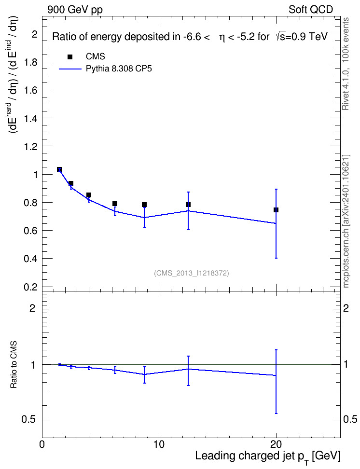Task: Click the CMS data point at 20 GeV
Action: (x=276, y=210)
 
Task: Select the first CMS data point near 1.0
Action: (x=59, y=169)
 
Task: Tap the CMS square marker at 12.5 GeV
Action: (x=188, y=205)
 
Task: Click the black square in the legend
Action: (x=70, y=57)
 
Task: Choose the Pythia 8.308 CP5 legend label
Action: (x=119, y=69)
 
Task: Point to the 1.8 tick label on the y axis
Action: (x=30, y=62)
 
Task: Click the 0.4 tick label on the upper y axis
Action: (x=30, y=259)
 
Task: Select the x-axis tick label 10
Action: (x=159, y=444)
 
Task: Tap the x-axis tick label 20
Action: (x=276, y=444)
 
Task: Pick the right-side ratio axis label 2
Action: (x=346, y=308)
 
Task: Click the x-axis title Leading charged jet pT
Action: (x=268, y=456)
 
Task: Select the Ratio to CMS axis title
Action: (x=14, y=365)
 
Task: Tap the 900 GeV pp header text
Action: (x=75, y=10)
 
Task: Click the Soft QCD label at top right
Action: (x=311, y=10)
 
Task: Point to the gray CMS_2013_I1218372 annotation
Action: (x=192, y=273)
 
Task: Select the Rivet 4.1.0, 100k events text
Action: (x=346, y=64)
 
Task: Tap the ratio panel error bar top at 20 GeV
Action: (x=276, y=350)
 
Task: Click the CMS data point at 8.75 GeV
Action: (x=144, y=205)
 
